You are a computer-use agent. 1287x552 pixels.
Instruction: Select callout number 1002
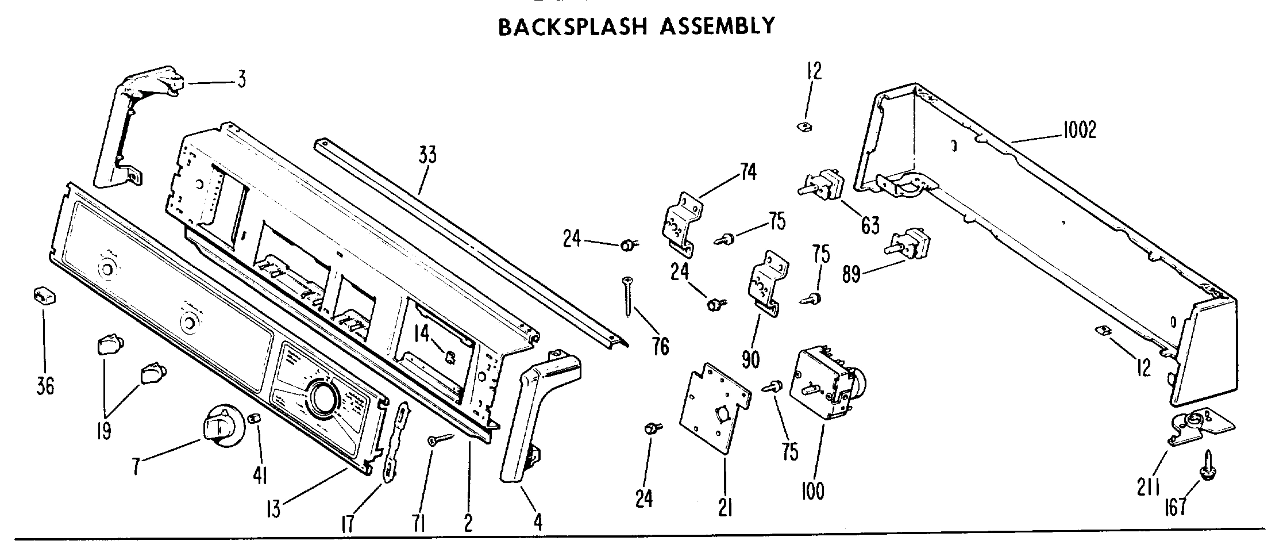coord(1079,131)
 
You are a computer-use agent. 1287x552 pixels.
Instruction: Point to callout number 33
coord(427,155)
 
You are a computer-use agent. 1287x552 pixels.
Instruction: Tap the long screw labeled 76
coord(627,297)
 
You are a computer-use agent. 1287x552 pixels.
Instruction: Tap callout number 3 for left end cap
coord(241,80)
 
